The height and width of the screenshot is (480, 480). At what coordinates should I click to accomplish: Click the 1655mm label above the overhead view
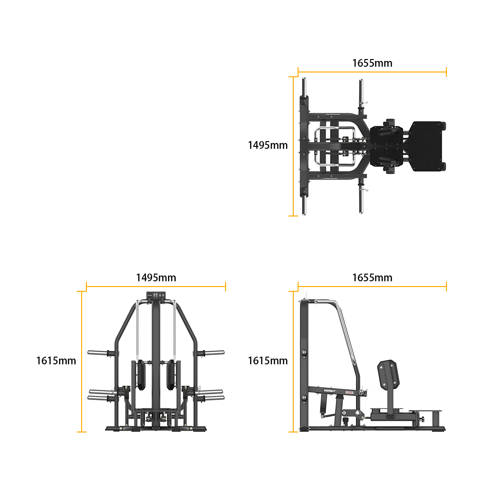[372, 63]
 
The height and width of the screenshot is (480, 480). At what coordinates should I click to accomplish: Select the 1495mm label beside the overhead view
[267, 145]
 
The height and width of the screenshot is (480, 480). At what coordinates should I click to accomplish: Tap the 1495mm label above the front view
[156, 277]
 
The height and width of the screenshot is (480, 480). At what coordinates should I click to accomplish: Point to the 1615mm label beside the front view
[56, 360]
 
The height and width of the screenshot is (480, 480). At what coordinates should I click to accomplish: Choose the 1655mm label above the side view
[372, 277]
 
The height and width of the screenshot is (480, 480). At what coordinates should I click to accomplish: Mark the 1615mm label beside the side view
[267, 360]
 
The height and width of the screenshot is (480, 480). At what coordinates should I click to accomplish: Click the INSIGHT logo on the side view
[330, 391]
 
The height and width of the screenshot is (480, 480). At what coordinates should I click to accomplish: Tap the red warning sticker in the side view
[349, 393]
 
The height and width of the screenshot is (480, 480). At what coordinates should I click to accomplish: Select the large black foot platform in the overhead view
[427, 146]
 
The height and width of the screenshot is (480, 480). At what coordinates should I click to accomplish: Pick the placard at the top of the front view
[156, 295]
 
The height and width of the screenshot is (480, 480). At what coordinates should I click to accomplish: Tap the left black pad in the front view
[141, 375]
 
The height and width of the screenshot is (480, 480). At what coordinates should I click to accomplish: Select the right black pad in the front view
[171, 375]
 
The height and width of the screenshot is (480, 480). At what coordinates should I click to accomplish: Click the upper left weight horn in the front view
[101, 353]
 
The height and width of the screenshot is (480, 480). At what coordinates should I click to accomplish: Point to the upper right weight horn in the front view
[211, 353]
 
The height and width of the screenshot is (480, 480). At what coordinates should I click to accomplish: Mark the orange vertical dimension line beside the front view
[82, 361]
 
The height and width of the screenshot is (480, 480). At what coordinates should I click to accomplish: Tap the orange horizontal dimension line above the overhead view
[372, 72]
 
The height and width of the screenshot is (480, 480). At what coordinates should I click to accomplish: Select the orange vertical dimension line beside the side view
[293, 361]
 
